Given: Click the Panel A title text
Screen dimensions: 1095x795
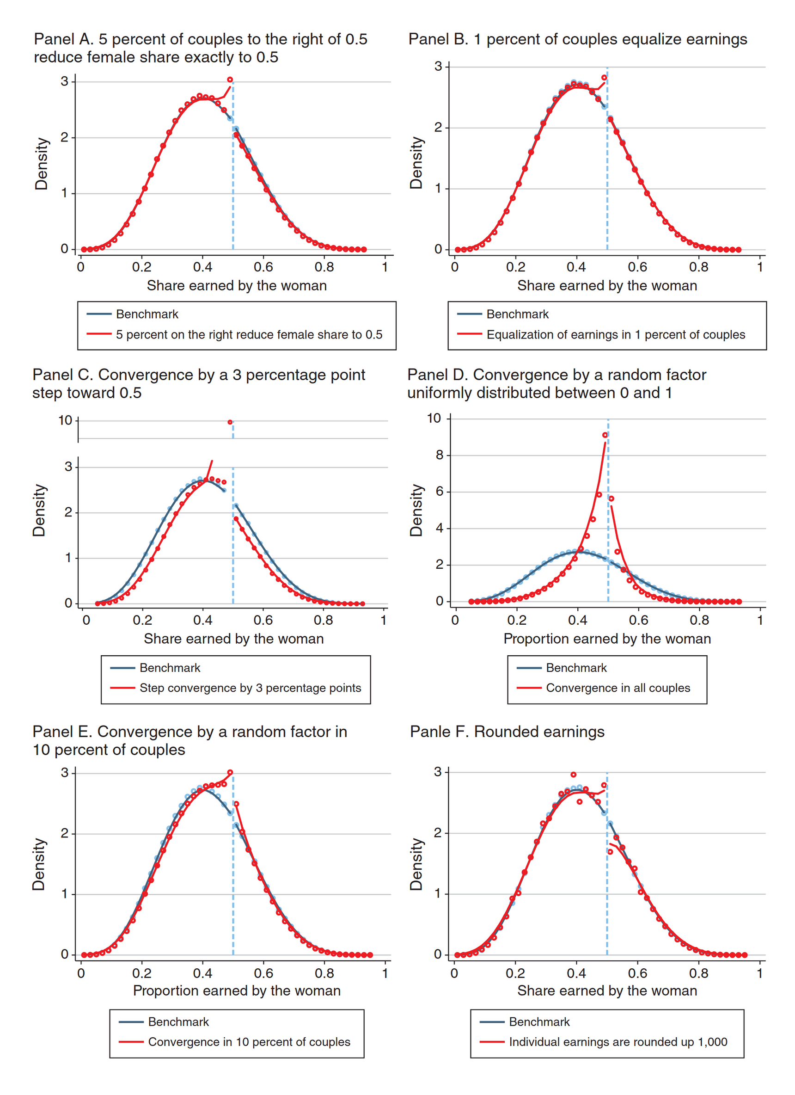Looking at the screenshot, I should tap(200, 48).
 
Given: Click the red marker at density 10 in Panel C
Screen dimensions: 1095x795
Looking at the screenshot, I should tap(230, 422).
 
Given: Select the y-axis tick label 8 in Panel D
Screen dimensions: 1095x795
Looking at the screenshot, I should tap(439, 455).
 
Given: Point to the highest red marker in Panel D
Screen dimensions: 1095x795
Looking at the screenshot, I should tap(605, 435).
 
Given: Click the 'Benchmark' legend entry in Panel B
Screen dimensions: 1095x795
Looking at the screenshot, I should tap(518, 314).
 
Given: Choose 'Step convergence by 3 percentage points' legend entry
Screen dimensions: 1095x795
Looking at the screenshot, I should tap(250, 688).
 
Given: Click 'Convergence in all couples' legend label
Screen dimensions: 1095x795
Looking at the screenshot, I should tap(618, 688).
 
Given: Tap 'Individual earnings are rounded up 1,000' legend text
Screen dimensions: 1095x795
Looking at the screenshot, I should tap(618, 1042).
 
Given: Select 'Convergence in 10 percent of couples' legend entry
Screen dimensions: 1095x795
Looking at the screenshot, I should tap(249, 1042).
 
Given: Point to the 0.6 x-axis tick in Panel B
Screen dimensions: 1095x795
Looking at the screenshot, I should tap(638, 267).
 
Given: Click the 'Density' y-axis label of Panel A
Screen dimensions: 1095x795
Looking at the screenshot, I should tap(42, 164).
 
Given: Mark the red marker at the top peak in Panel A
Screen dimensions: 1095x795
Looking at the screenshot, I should tap(230, 80).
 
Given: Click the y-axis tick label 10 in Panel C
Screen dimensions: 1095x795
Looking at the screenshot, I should tap(65, 420).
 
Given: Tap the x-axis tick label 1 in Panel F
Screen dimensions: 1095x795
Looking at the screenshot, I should tap(760, 973).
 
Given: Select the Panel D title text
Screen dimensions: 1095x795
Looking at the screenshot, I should tap(556, 384).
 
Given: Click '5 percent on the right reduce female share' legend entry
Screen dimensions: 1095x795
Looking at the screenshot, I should tap(249, 335).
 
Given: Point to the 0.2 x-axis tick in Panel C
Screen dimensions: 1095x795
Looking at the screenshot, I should tap(142, 621).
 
